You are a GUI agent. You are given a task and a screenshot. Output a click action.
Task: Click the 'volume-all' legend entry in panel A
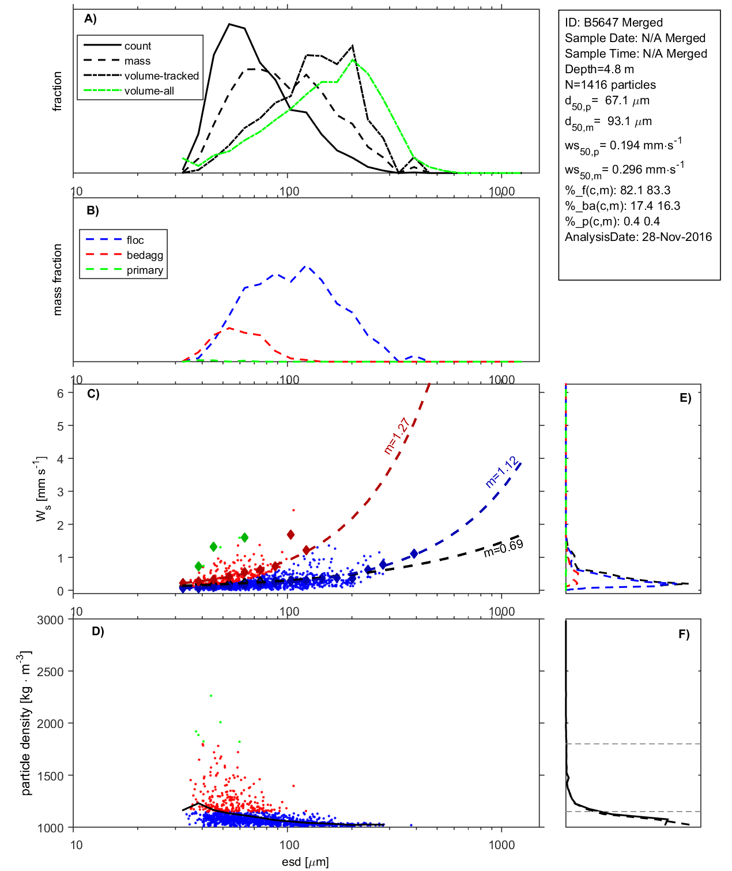(149, 91)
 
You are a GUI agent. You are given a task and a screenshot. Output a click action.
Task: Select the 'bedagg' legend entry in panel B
(145, 255)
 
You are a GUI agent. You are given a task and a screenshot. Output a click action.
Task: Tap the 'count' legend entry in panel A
(138, 46)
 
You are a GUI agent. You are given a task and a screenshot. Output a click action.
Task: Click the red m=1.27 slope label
(397, 436)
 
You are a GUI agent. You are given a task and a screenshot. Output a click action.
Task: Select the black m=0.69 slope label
(503, 548)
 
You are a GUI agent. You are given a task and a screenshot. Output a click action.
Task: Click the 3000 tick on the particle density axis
(50, 620)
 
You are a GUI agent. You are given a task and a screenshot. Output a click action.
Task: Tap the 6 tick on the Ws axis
(60, 393)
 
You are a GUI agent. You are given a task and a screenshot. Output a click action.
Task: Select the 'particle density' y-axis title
(25, 723)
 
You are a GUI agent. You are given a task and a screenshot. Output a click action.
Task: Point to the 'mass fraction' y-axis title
(57, 280)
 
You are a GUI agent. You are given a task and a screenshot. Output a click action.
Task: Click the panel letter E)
(685, 398)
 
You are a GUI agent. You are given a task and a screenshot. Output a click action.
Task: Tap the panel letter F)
(684, 634)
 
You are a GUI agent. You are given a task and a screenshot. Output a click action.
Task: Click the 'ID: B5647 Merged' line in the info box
(613, 22)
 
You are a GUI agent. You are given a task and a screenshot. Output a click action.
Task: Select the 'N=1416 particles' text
(610, 85)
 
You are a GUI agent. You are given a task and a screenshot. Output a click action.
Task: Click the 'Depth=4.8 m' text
(599, 69)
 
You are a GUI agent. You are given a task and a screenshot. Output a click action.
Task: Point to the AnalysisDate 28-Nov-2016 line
(638, 237)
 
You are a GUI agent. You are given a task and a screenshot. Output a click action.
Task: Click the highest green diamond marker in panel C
(244, 537)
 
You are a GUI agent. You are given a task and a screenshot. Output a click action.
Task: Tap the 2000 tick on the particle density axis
(50, 724)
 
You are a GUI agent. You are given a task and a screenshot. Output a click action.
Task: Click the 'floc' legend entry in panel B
(135, 240)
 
